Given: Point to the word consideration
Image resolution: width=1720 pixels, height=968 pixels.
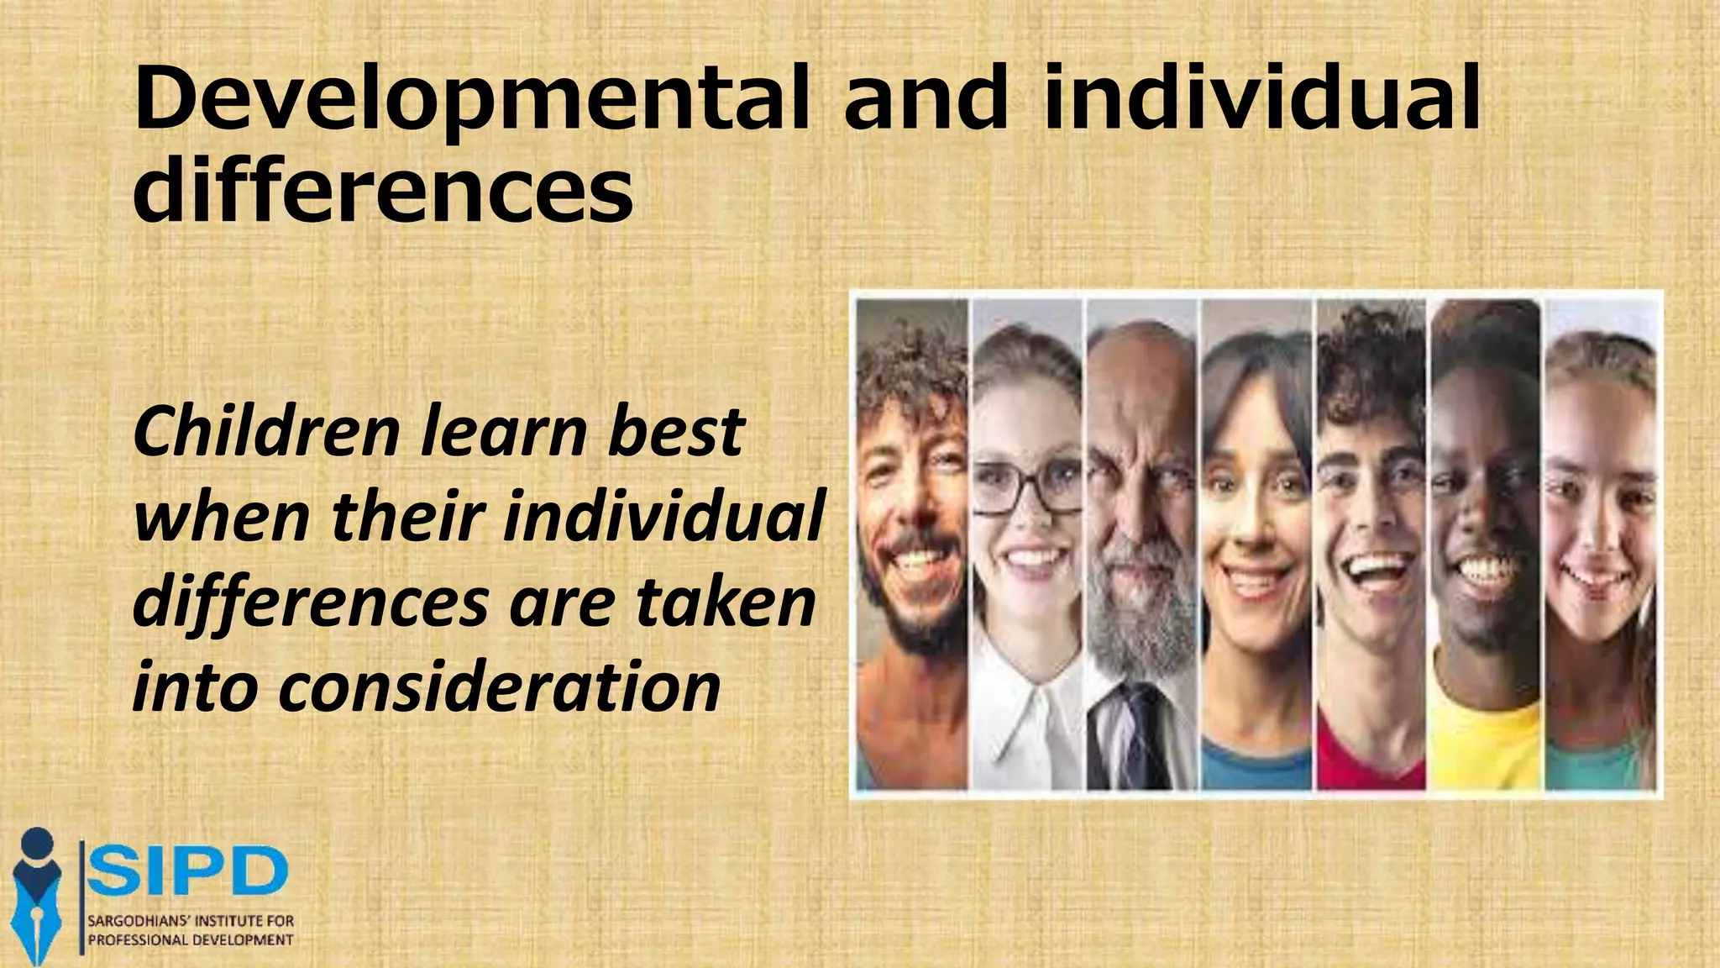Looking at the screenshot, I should pyautogui.click(x=499, y=687).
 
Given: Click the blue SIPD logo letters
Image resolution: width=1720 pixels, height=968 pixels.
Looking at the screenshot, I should pyautogui.click(x=188, y=873).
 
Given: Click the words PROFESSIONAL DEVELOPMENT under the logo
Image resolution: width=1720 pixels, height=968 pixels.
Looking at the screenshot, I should pyautogui.click(x=191, y=940).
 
